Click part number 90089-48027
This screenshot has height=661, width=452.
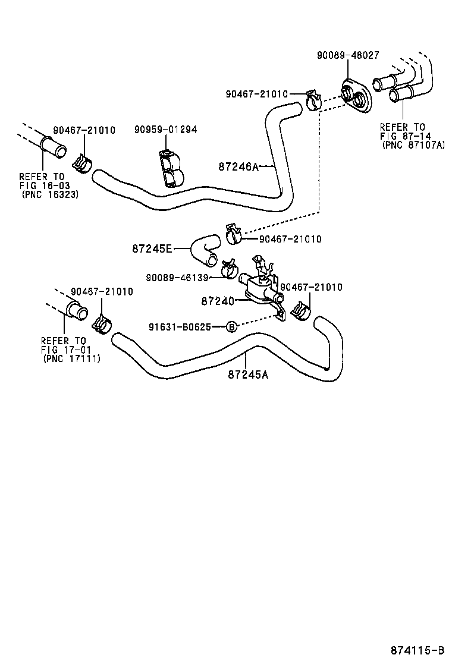point(347,55)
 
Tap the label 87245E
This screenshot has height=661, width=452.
point(152,248)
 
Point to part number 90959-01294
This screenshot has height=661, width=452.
point(165,130)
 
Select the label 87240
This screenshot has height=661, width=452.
point(218,301)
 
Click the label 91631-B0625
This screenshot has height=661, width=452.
point(181,327)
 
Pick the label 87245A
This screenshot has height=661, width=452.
point(248,374)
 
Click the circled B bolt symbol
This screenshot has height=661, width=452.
point(231,327)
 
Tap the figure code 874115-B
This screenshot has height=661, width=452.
point(417,649)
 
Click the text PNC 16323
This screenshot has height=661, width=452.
point(51,194)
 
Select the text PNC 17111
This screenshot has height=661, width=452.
point(72,358)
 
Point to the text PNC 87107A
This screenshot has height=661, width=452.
point(413,144)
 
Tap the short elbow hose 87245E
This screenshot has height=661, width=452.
point(204,250)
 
